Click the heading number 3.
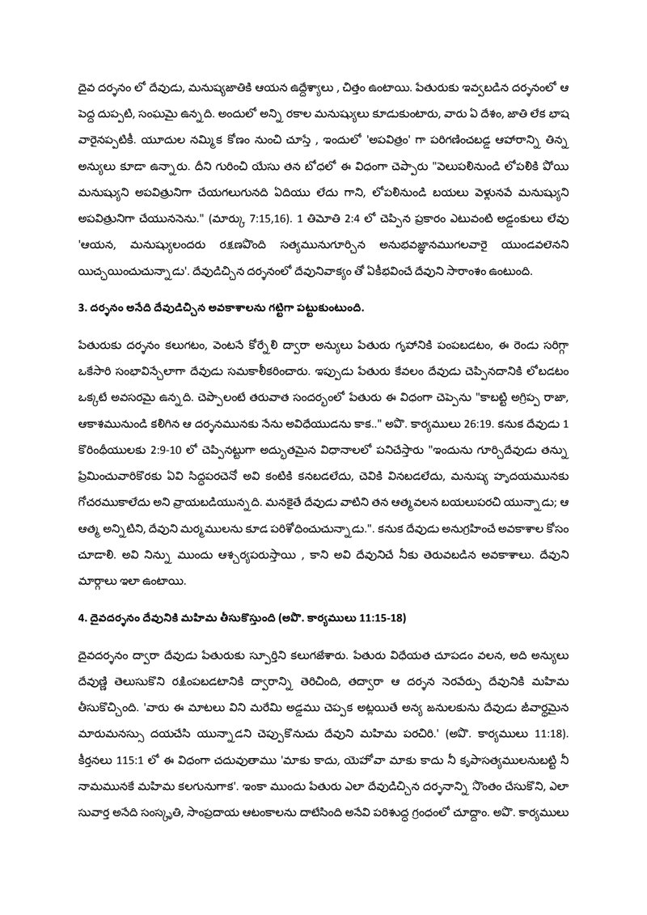tap(72, 308)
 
